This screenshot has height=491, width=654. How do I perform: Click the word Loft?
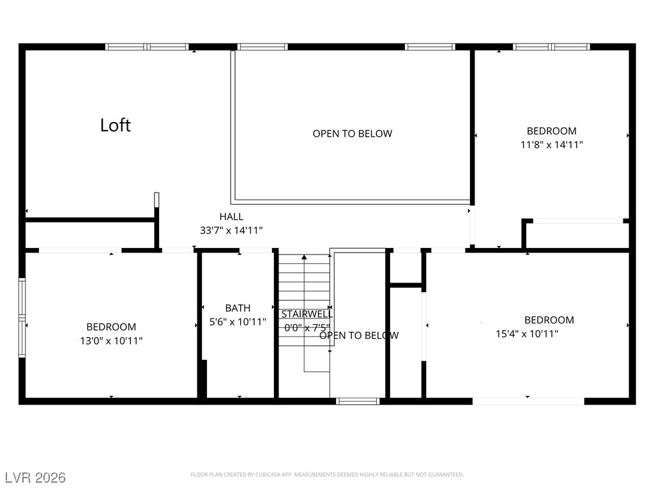(x=116, y=125)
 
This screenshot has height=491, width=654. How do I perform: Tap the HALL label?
(x=231, y=217)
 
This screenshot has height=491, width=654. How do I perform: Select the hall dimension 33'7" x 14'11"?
(x=231, y=230)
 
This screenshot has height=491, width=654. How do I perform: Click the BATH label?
(x=238, y=308)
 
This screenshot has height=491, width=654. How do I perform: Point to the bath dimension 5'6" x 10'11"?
(x=238, y=322)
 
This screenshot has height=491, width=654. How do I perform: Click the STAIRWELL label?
(x=307, y=314)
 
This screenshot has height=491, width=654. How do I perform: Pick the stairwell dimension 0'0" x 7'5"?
(x=307, y=327)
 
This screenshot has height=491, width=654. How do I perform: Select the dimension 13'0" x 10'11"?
(x=111, y=341)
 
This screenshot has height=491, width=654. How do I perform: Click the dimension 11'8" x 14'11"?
(x=551, y=144)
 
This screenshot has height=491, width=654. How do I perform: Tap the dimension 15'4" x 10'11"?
(x=527, y=333)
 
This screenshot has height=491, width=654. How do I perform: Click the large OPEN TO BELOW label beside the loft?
(x=353, y=134)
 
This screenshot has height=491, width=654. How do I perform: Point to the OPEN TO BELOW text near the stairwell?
(x=359, y=335)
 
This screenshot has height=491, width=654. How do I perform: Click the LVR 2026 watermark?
(x=35, y=478)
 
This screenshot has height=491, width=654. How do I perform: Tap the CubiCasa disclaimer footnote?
(x=327, y=474)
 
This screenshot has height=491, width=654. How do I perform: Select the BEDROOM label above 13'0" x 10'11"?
(x=111, y=327)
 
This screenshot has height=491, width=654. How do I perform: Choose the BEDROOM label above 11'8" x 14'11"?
(x=551, y=131)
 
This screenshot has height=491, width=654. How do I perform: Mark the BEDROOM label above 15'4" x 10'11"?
(x=549, y=320)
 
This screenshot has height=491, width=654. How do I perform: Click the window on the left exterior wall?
(x=22, y=318)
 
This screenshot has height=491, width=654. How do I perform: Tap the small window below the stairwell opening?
(x=358, y=401)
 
